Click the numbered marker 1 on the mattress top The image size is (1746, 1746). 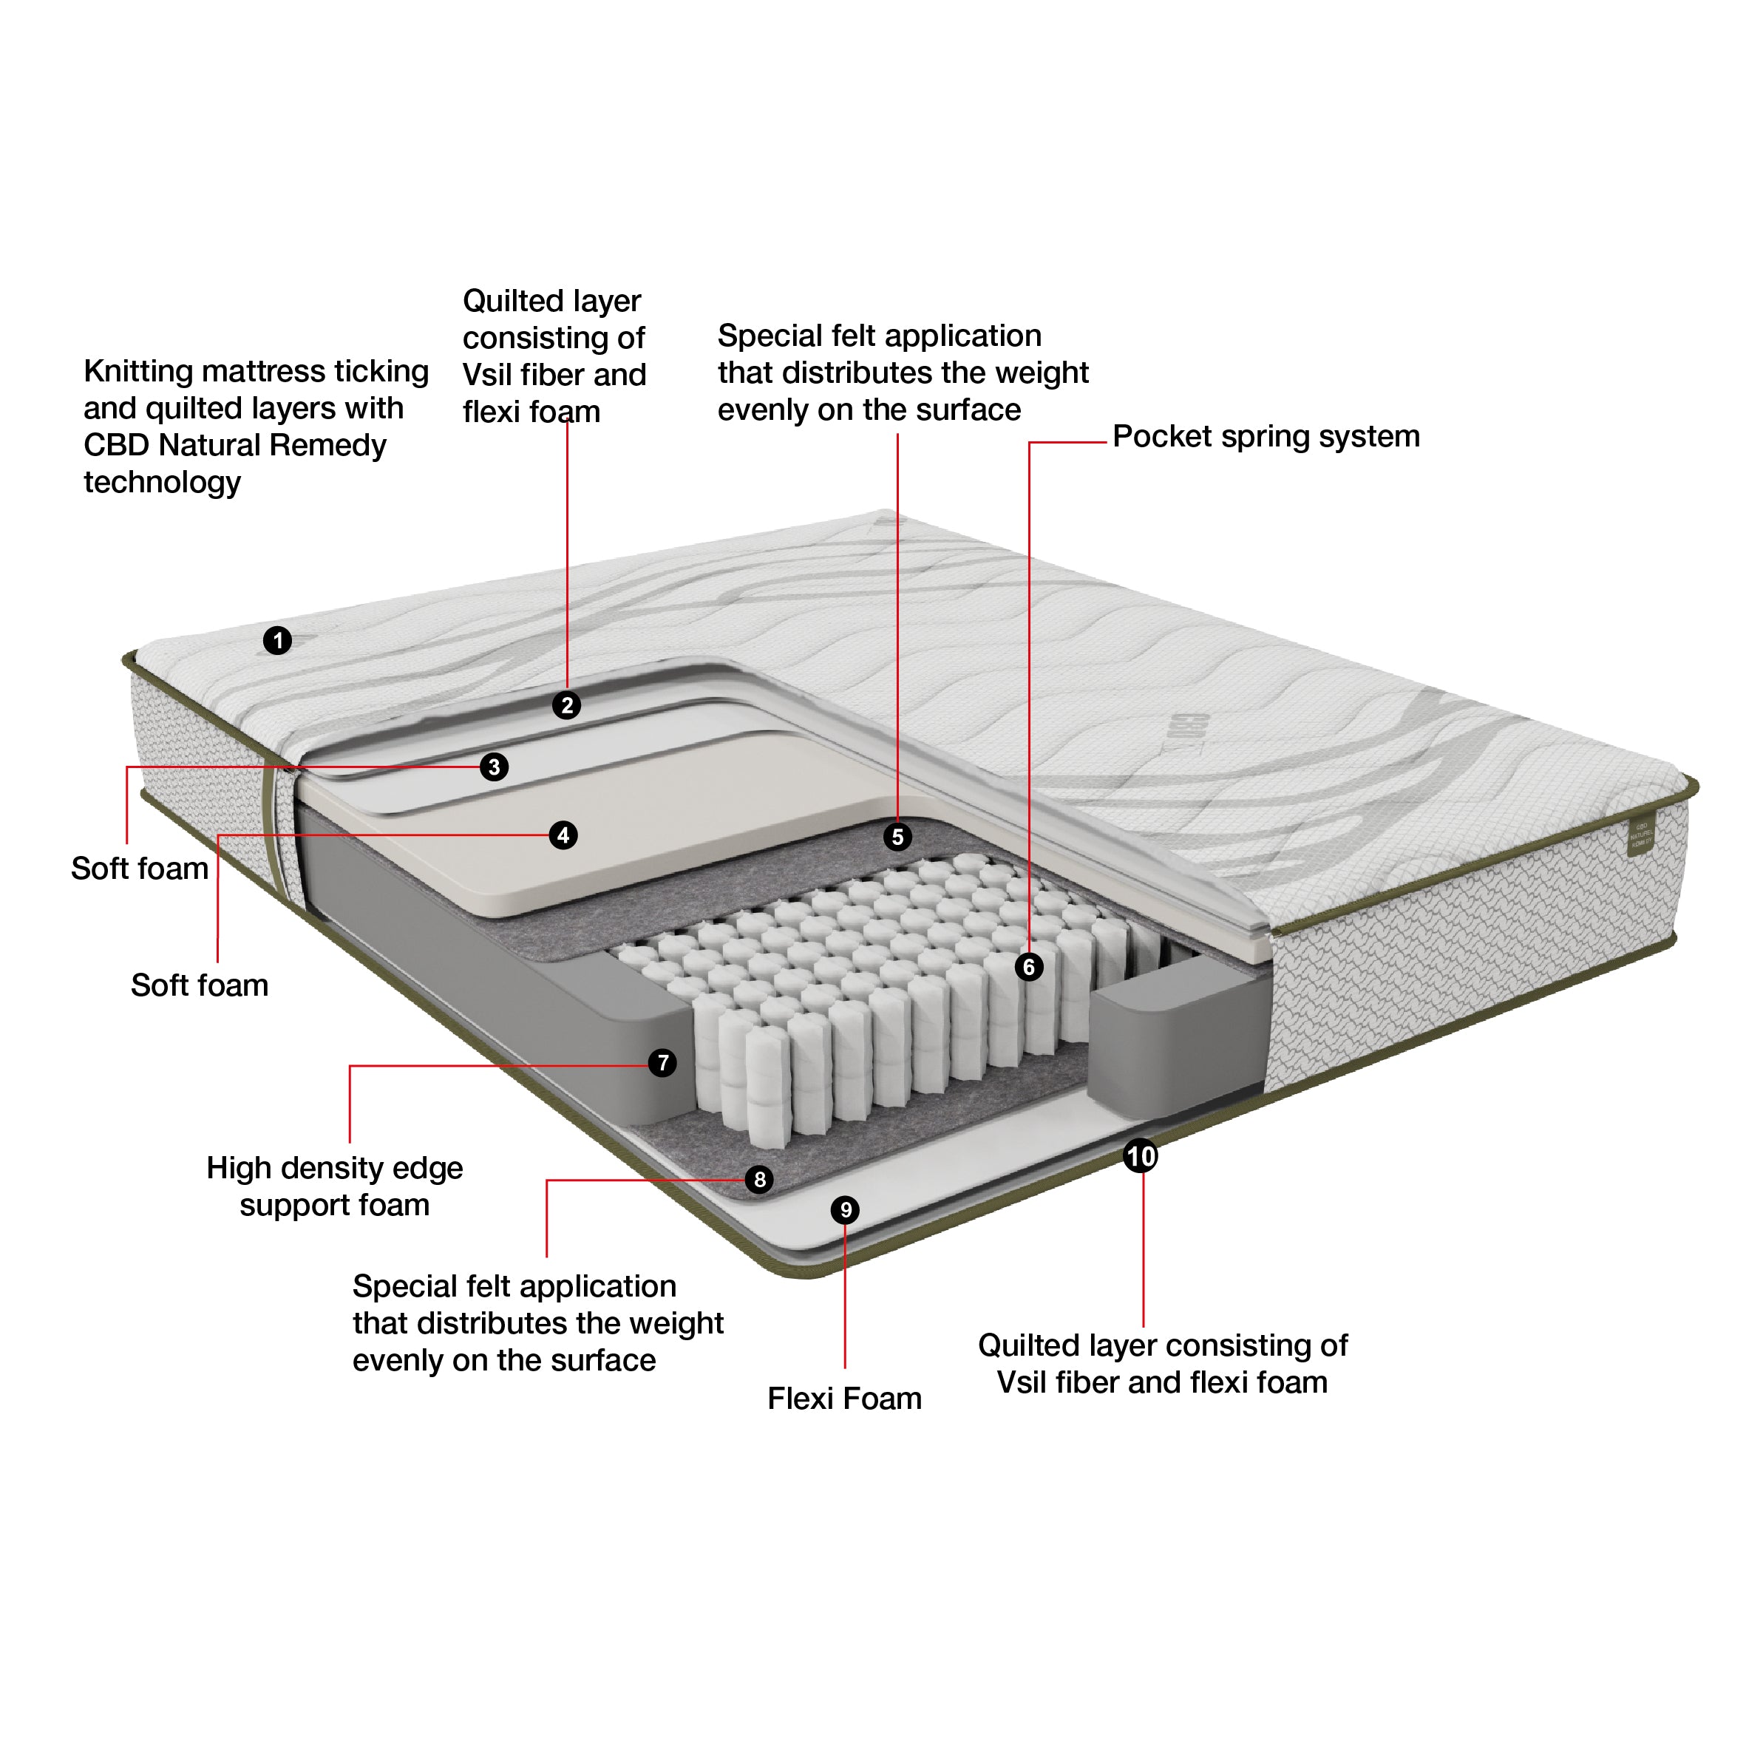277,641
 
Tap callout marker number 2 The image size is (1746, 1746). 567,705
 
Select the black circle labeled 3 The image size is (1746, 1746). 494,767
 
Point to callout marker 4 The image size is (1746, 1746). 563,835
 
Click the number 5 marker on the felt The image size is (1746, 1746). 897,837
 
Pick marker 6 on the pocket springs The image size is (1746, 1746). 1028,967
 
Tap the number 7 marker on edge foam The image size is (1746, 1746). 662,1063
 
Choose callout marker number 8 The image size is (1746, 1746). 759,1179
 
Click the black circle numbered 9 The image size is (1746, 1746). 845,1210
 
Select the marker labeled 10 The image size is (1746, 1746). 1141,1156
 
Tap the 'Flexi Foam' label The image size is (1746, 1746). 844,1399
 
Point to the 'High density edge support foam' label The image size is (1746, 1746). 334,1186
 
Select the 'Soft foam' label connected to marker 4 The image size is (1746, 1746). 200,985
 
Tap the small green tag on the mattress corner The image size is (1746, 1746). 1640,838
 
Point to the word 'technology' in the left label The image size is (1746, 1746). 163,483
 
